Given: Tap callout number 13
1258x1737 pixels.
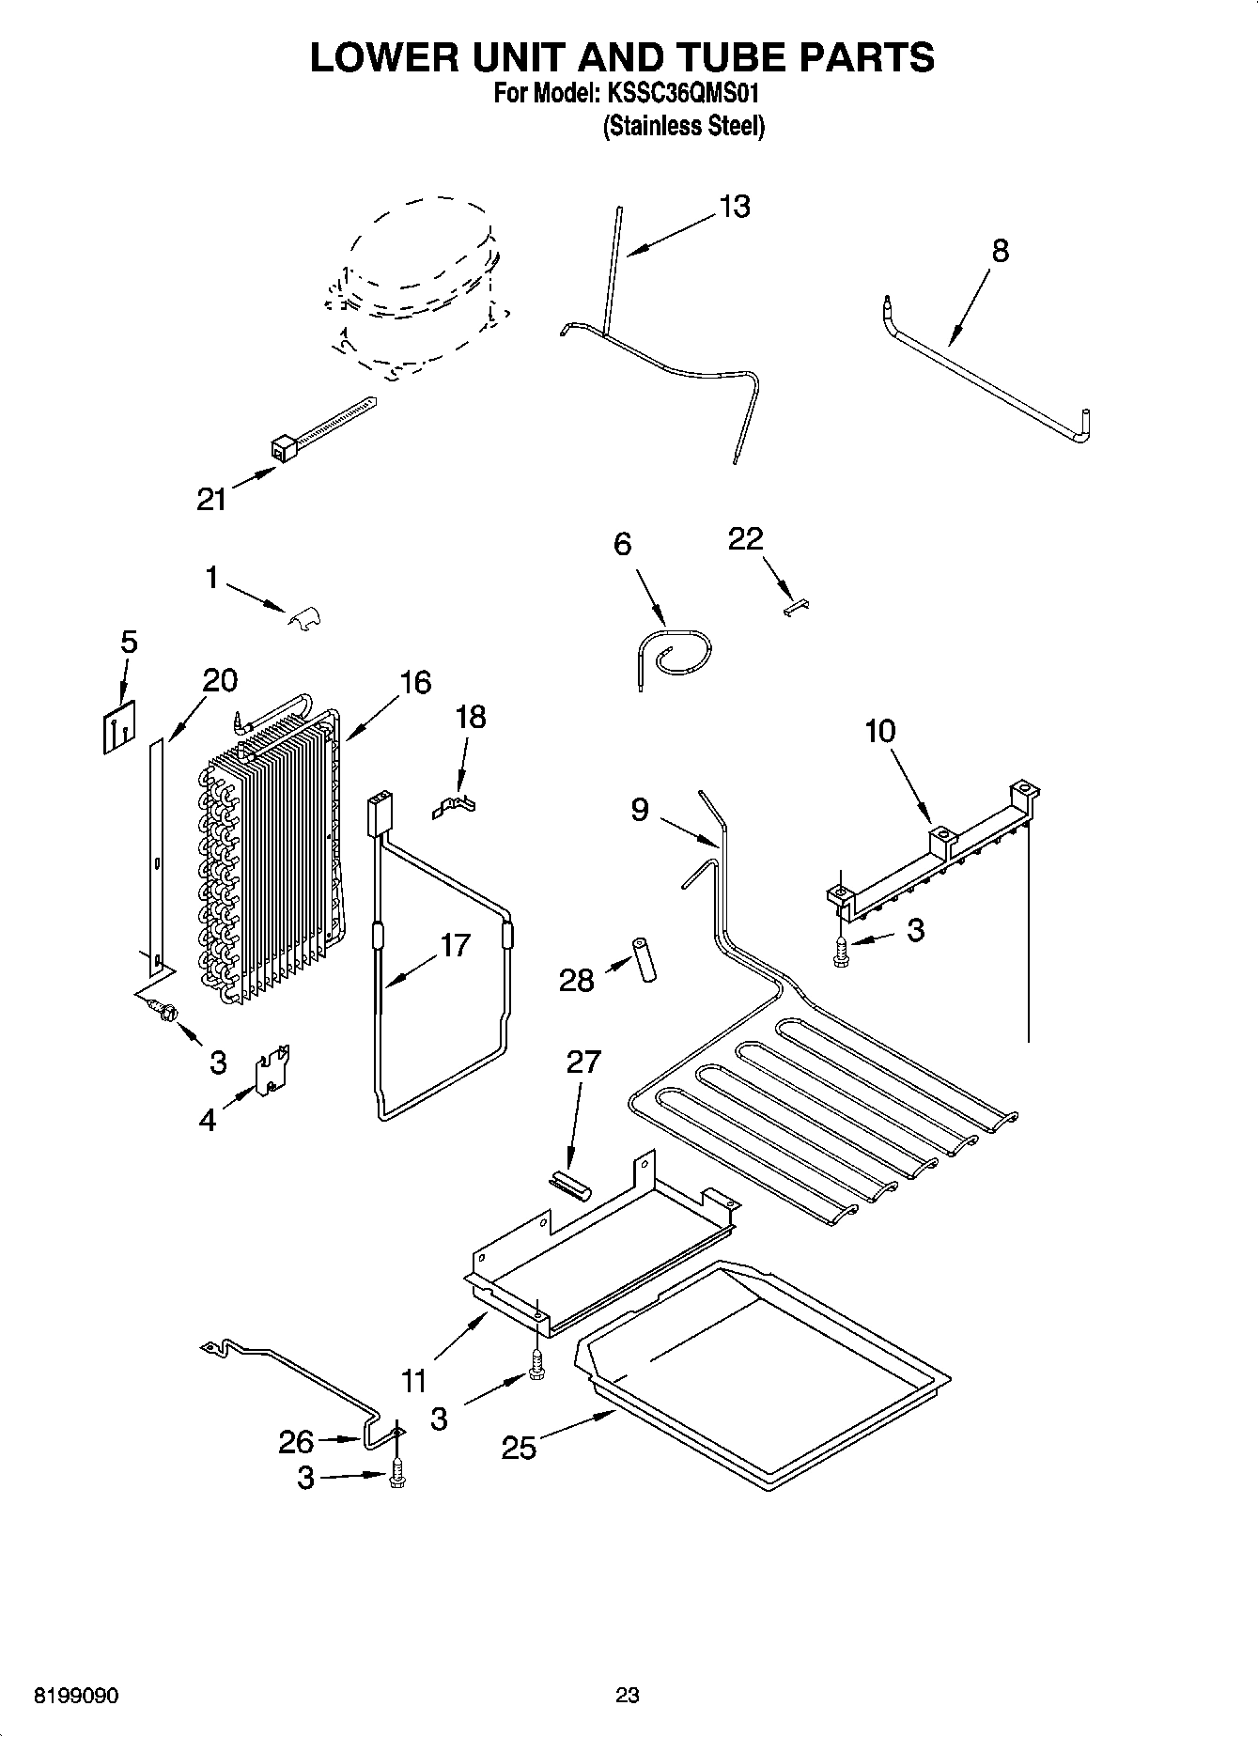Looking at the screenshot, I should click(x=735, y=207).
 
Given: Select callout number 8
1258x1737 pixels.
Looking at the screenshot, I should click(x=1001, y=251).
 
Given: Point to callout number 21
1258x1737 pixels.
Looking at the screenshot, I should click(x=211, y=499).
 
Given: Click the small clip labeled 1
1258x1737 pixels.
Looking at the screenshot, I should click(x=303, y=617).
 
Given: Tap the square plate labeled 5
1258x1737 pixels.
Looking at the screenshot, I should click(x=117, y=727).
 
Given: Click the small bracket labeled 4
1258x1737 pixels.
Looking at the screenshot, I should click(x=273, y=1069).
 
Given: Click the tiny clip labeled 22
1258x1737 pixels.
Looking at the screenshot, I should click(x=795, y=608).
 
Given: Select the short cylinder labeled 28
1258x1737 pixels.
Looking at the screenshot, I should click(x=645, y=958).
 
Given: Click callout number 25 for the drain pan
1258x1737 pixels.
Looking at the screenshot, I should click(x=519, y=1447).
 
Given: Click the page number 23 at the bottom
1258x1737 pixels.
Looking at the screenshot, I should click(x=628, y=1695).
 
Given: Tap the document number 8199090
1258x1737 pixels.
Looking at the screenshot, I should click(x=76, y=1696).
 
